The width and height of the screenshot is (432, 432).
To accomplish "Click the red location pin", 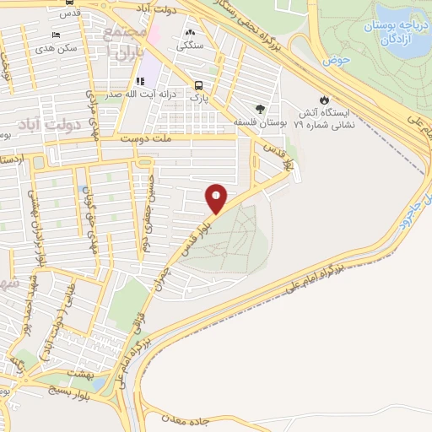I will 217,197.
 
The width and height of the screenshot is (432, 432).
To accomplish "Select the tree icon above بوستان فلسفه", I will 260,109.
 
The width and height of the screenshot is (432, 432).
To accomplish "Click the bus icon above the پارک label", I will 198,85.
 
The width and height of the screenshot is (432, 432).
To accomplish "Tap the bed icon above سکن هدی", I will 56,35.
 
